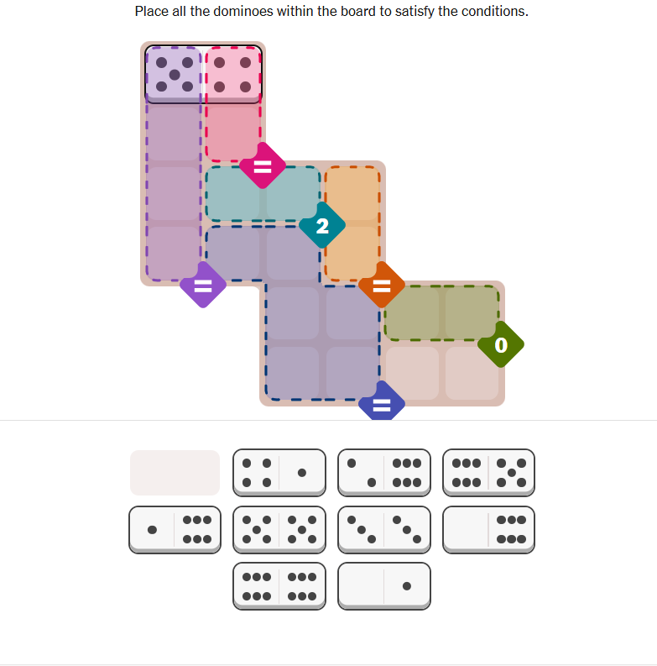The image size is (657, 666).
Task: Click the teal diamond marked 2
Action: (x=322, y=225)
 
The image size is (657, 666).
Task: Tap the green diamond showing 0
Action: (x=501, y=344)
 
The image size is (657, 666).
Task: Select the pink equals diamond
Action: (x=263, y=165)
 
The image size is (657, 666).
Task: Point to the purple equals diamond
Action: (x=203, y=285)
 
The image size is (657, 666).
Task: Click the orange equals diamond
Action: (x=382, y=285)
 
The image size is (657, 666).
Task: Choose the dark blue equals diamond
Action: (x=382, y=401)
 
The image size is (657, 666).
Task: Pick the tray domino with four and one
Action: (x=279, y=473)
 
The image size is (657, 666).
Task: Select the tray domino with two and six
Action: (x=384, y=473)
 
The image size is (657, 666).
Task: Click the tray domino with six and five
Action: (x=488, y=473)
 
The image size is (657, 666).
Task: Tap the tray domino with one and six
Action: (x=175, y=530)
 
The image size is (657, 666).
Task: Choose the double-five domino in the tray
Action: (x=279, y=530)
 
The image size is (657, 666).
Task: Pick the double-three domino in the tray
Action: (x=384, y=530)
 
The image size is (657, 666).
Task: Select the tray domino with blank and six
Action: (x=488, y=530)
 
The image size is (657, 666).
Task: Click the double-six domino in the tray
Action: (x=279, y=586)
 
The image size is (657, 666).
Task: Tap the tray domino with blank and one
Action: (x=384, y=586)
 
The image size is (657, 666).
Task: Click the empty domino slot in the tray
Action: (x=175, y=473)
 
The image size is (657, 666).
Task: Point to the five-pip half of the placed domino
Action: (x=174, y=75)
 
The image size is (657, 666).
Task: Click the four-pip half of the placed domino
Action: (x=232, y=75)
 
